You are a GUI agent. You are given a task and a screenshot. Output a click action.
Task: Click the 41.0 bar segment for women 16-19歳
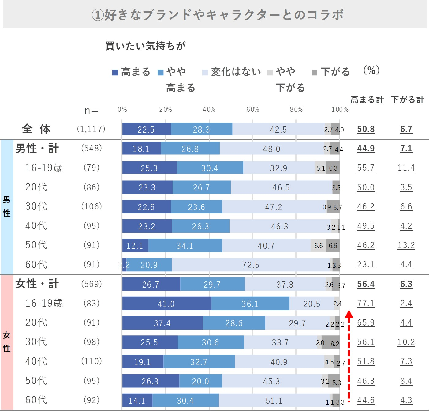coord(166,304)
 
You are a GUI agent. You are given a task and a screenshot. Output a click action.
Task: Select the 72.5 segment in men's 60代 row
coord(251,265)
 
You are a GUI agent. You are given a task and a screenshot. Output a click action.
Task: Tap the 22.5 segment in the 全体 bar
coord(146,129)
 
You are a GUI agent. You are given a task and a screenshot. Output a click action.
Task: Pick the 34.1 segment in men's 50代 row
coord(185,246)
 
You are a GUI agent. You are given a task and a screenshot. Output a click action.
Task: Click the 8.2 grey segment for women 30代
coord(331,342)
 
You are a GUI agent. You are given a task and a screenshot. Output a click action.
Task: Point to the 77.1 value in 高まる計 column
coord(366,304)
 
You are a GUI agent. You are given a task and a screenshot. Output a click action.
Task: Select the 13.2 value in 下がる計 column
coord(406,245)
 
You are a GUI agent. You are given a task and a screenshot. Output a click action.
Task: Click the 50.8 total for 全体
coord(366,129)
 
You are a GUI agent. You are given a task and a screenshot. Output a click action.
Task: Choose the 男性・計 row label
coord(37,149)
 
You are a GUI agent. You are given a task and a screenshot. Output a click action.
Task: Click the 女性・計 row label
coord(37,284)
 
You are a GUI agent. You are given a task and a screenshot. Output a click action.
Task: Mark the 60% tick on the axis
coord(253,110)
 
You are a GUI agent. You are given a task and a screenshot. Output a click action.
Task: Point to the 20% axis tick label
coord(166,110)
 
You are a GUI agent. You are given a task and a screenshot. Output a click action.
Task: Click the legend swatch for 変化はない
coord(205,73)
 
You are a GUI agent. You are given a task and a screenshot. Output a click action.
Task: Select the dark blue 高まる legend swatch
coord(115,73)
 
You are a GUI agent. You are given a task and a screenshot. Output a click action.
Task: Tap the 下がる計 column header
coord(407,100)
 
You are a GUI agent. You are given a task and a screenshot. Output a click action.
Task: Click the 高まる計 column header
coord(367,100)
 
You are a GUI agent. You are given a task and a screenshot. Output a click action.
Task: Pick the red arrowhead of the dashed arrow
coord(349,314)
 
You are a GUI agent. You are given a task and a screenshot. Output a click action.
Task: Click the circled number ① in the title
coord(98,15)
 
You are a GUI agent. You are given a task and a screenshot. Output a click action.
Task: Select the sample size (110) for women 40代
coord(91,361)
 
